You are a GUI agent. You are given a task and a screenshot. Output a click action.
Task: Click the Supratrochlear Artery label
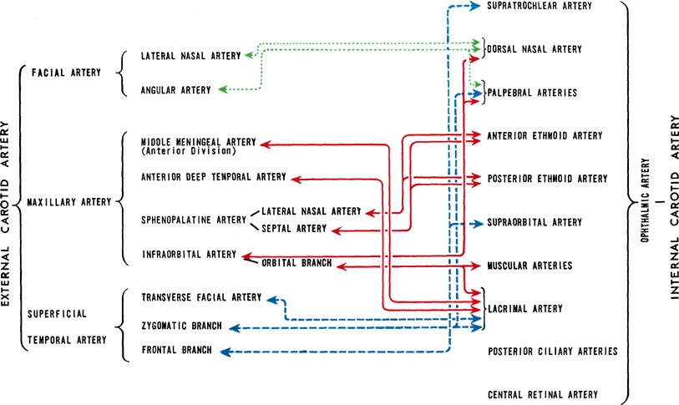[539, 7]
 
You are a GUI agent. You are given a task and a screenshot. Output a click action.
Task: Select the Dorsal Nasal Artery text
[535, 50]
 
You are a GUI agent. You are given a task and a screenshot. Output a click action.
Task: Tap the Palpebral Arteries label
[531, 92]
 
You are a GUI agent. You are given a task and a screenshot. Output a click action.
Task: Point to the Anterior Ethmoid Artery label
[544, 135]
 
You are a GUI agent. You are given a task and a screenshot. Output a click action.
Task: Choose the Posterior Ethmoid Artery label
[546, 179]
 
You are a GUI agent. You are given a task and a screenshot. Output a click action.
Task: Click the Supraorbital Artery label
[535, 223]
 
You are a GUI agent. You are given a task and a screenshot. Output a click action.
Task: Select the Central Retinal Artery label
[543, 394]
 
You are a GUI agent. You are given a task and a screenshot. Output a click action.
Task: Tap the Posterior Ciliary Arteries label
[552, 352]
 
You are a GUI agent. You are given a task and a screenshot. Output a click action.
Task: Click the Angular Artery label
[171, 89]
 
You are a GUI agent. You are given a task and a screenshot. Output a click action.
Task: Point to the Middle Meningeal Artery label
[196, 142]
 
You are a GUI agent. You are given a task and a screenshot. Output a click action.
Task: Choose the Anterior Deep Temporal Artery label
[214, 177]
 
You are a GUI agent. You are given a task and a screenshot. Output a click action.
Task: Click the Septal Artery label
[293, 229]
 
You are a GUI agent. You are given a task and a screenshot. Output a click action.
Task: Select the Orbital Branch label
[296, 264]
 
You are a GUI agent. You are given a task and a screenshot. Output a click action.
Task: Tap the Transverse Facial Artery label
[201, 298]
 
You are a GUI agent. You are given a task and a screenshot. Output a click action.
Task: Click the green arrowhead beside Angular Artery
[220, 89]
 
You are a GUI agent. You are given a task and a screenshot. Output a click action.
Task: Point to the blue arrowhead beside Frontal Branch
[224, 352]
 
